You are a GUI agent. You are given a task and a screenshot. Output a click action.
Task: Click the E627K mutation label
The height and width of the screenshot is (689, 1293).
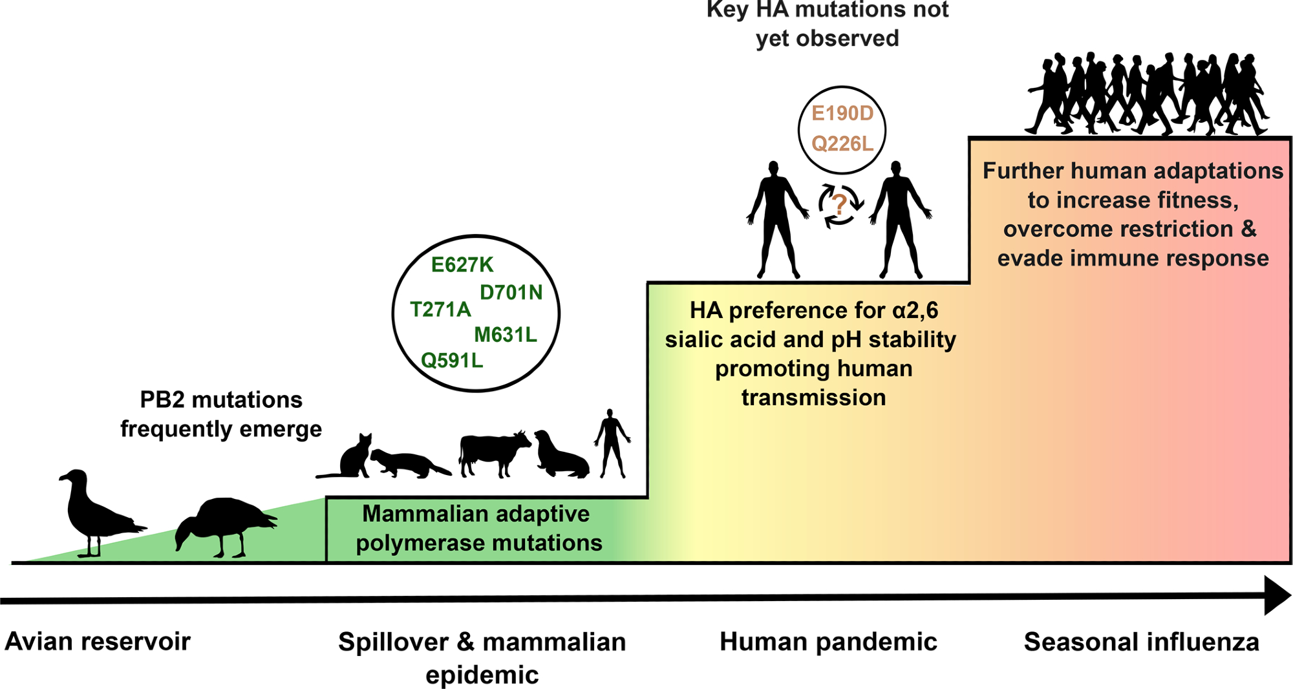pos(462,264)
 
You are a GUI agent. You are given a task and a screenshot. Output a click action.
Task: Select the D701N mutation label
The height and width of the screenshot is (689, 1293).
pos(511,292)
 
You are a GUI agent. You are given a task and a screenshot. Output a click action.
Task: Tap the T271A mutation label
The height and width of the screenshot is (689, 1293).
pos(440,310)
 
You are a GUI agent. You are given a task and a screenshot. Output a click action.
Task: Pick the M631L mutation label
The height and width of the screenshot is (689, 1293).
pos(506,334)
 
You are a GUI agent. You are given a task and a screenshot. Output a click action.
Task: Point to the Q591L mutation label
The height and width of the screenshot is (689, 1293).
pos(452,360)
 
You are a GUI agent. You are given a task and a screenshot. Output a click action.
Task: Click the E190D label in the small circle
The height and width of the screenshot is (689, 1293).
pos(842,113)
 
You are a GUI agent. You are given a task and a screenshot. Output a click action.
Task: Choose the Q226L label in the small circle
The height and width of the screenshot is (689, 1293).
pos(842,143)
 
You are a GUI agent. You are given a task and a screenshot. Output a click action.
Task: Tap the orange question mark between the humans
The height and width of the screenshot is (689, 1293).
pos(839,205)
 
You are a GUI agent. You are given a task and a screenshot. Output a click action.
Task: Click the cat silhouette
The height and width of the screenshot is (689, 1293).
pos(352,459)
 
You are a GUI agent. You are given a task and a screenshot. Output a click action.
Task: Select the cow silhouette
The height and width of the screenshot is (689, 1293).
pos(493,452)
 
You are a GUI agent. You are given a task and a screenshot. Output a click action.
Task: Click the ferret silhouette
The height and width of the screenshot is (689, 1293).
pos(407,464)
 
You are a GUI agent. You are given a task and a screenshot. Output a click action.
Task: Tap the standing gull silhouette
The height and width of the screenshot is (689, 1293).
pos(94,511)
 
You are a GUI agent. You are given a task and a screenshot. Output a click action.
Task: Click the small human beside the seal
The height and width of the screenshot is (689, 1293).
pos(611,443)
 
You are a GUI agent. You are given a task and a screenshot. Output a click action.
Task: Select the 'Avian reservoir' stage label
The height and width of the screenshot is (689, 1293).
pos(98,642)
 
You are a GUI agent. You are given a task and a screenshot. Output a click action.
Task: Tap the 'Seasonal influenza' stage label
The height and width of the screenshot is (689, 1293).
pos(1141,642)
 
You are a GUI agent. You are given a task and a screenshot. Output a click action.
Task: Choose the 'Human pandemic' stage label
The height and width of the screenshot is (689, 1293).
pos(828,642)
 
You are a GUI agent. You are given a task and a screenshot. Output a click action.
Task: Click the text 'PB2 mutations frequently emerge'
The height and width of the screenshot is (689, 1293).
pos(221,414)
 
